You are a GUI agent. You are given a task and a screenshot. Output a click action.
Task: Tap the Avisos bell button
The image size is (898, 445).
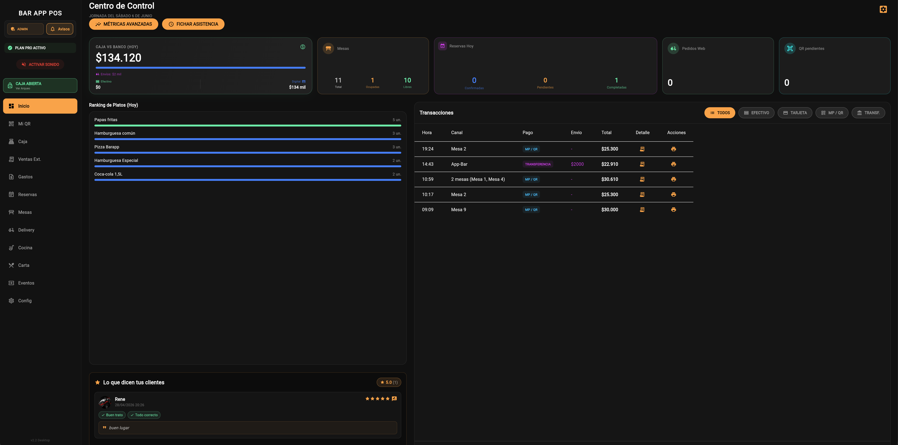click(x=60, y=29)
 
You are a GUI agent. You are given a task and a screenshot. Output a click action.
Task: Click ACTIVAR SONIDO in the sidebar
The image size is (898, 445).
click(x=40, y=64)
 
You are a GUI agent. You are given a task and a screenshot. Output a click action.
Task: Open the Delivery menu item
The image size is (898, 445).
click(x=26, y=230)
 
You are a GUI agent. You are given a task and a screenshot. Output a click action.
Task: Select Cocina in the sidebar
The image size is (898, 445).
click(x=25, y=248)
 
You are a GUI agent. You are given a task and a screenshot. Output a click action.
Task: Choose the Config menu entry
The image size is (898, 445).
click(x=25, y=301)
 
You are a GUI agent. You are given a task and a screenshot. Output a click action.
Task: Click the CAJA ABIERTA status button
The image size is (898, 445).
click(x=40, y=85)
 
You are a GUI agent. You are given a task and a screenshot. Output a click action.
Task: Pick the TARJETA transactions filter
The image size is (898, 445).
click(x=795, y=113)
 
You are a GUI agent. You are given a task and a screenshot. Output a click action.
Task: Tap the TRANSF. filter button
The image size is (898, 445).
click(x=868, y=113)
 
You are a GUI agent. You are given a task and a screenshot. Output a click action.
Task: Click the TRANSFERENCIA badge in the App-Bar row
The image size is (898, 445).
click(x=538, y=164)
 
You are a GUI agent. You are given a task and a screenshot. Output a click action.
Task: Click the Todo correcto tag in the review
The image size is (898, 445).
click(x=144, y=415)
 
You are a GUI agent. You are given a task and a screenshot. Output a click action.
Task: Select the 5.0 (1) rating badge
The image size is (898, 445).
click(x=389, y=382)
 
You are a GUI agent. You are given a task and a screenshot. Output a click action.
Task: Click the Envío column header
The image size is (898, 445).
click(x=576, y=133)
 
